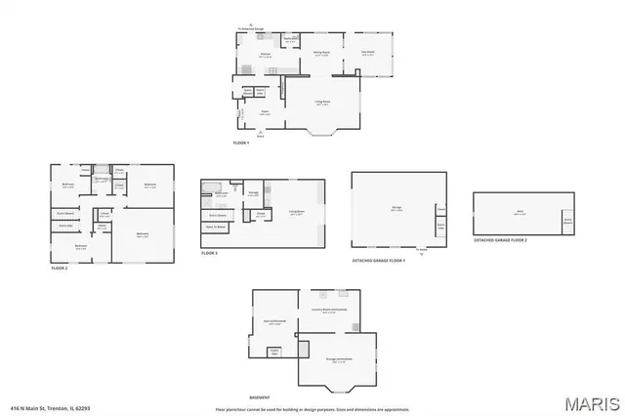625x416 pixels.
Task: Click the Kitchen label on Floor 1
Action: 264,54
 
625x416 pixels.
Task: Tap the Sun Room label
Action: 368,54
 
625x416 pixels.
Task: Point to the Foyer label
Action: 264,113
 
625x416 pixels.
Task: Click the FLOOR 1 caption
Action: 241,144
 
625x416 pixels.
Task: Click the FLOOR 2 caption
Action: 60,267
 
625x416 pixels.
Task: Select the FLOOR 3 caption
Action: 209,253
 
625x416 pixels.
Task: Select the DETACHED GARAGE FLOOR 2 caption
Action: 500,239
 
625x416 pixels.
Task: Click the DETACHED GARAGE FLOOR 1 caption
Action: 378,261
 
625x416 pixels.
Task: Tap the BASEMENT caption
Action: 259,397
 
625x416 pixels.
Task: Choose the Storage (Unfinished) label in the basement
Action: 337,359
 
